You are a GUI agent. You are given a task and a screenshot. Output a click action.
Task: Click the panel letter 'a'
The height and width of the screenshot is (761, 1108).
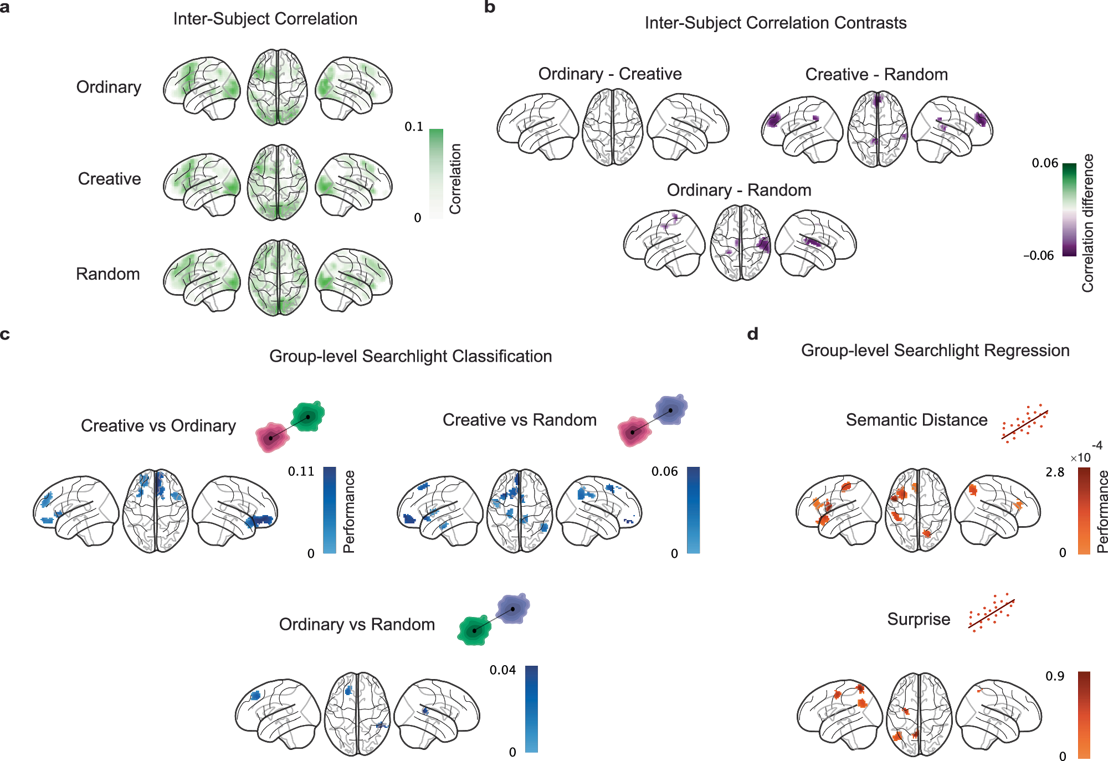pos(4,8)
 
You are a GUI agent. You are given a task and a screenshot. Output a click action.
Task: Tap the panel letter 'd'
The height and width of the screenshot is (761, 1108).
pos(752,334)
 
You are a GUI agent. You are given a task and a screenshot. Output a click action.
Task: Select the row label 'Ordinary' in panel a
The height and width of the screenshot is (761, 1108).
pos(109,88)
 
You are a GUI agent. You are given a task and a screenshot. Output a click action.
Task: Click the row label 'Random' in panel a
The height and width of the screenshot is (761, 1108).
pos(108,274)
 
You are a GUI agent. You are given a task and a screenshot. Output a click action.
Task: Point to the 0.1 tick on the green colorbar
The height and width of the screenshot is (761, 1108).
pos(414,127)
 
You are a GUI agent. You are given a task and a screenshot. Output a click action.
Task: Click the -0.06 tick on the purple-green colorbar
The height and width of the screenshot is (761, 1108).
pos(1038,255)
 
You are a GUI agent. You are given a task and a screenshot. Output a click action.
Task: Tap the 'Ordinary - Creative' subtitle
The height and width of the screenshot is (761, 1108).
pos(610,74)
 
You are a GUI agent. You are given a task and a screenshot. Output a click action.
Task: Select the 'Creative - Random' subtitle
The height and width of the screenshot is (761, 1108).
pos(876,74)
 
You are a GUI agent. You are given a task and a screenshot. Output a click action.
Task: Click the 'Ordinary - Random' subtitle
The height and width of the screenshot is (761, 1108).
pos(739,190)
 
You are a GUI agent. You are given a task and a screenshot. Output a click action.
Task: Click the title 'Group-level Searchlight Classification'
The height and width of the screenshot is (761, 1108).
pos(411,356)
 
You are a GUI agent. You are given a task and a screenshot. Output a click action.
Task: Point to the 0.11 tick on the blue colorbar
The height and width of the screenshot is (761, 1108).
pos(301,471)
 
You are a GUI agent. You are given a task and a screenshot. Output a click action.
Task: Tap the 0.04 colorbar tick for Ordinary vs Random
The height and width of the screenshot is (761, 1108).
pos(502,670)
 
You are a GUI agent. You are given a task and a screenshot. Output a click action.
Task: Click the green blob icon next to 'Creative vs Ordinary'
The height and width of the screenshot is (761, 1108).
pos(308,417)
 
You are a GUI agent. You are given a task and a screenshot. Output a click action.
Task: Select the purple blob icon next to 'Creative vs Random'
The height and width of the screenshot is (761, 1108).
pos(670,410)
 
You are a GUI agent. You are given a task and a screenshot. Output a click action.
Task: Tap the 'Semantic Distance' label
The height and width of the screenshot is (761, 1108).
pos(916,420)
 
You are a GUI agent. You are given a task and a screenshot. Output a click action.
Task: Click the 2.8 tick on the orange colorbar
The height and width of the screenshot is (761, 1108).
pos(1055,472)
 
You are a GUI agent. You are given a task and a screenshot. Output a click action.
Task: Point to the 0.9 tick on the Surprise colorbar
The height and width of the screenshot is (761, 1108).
pos(1055,676)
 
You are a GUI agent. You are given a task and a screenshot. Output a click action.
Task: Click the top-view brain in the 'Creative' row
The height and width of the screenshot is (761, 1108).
pos(278,182)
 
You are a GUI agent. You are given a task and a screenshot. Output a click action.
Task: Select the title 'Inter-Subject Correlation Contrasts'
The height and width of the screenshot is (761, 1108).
pos(776,23)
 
